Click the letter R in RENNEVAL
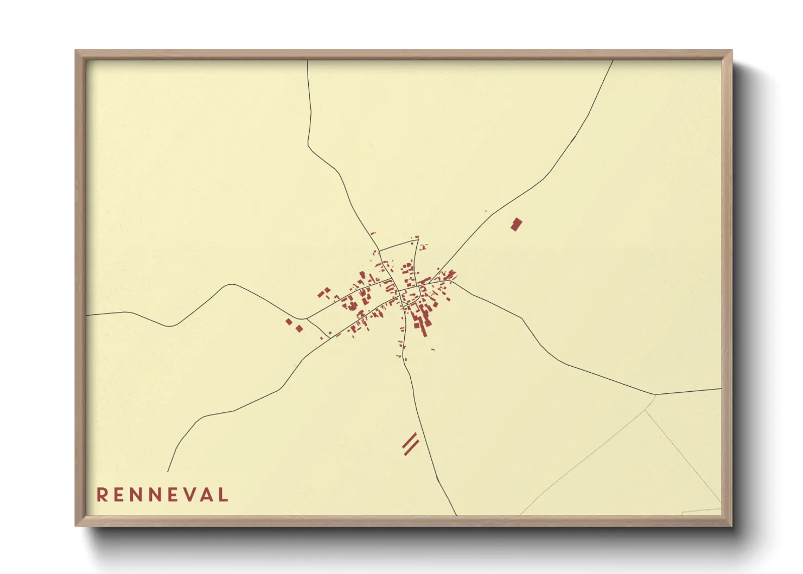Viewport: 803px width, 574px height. [x=101, y=495]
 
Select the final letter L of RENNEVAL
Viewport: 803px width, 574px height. [x=224, y=495]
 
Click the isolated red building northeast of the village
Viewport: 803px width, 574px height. [x=516, y=224]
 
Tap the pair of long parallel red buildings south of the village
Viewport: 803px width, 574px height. [x=411, y=444]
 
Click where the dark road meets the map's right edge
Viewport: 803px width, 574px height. [x=721, y=388]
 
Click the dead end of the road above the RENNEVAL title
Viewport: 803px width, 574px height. [x=168, y=471]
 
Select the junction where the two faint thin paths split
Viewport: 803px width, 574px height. [x=645, y=410]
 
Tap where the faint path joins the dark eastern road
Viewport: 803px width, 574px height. [x=655, y=394]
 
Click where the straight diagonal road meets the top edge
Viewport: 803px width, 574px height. [x=613, y=61]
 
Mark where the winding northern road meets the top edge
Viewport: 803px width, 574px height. [x=308, y=61]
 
